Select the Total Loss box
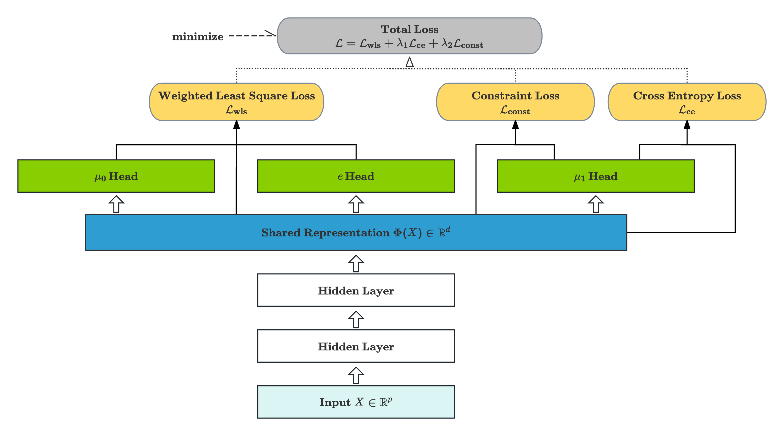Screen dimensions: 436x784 [409, 36]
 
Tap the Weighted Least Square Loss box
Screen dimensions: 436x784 [236, 102]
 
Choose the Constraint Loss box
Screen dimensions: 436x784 [515, 102]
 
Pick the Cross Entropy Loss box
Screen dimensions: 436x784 [687, 102]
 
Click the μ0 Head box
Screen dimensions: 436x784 [116, 176]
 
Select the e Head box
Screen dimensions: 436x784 [356, 176]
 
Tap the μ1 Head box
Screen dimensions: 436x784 [596, 176]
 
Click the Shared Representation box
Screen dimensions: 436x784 [356, 232]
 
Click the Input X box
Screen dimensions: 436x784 [356, 402]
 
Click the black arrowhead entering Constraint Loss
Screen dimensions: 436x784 [515, 125]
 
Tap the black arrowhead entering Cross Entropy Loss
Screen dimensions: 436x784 [687, 125]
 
